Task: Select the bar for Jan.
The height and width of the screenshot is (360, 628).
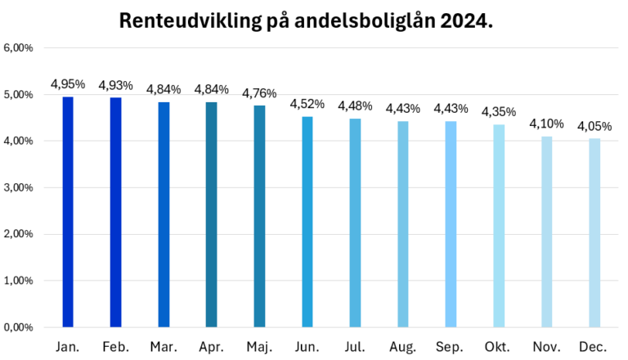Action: coord(68,212)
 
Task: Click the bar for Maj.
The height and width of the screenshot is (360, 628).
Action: coord(259,216)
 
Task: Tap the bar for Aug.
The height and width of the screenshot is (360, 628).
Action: coord(403,224)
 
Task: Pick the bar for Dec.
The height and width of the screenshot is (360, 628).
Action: coord(594,233)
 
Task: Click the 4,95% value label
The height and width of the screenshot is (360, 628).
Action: coord(68,84)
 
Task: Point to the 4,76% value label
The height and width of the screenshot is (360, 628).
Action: coord(259,93)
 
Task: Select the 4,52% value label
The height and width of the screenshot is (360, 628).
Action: coord(307,104)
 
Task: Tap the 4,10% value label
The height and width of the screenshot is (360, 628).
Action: coord(546,124)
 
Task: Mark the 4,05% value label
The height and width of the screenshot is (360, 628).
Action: coord(594,126)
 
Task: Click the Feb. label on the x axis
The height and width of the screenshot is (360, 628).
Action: coord(115,347)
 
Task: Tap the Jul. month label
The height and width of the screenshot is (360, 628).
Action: coord(355,347)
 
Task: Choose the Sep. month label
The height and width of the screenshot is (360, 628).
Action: coord(451,347)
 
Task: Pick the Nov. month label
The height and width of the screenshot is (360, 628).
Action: coord(546,347)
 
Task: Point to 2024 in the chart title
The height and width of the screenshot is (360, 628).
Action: coord(469,21)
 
